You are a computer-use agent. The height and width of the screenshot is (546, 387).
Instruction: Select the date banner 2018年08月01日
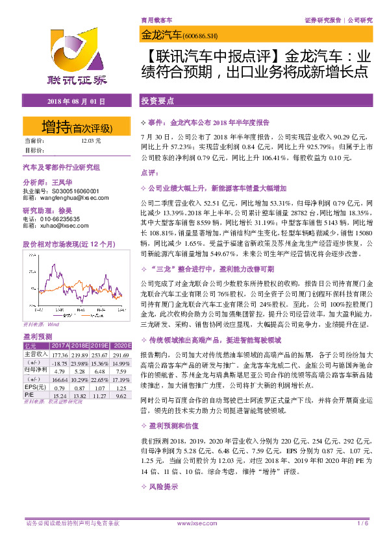(77, 102)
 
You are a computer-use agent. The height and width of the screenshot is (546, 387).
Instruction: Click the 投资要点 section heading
(157, 102)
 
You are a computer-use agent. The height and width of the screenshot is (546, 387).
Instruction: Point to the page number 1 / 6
(363, 523)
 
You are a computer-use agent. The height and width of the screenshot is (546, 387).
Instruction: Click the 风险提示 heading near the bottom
(163, 484)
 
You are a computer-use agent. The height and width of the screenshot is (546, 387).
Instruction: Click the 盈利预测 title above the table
(34, 337)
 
